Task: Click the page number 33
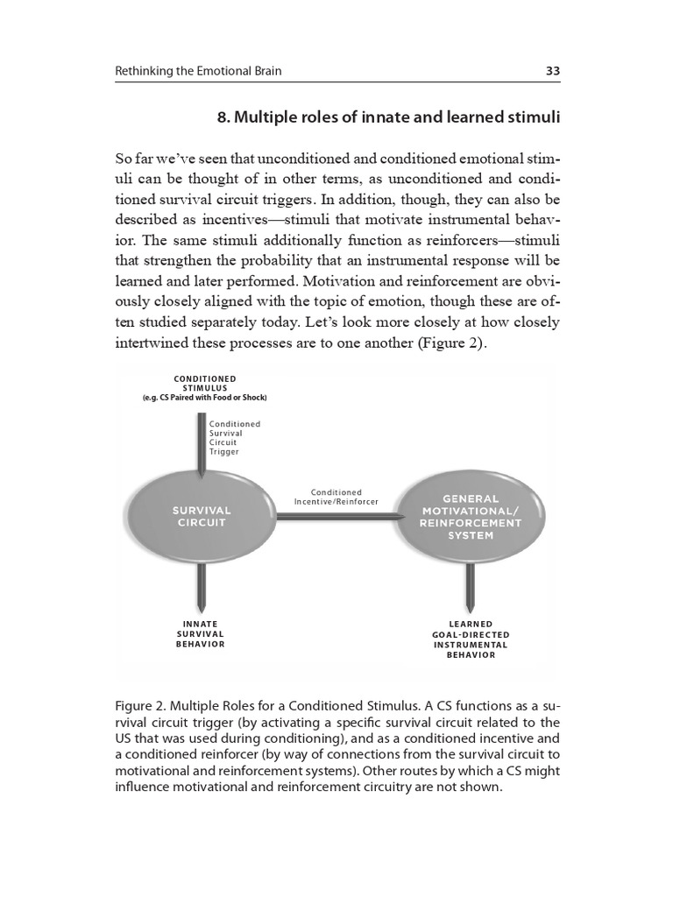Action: [553, 71]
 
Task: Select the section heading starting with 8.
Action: [388, 117]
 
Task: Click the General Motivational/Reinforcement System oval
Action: [471, 517]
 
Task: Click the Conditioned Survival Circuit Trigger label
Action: [234, 438]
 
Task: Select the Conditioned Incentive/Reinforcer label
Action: [336, 497]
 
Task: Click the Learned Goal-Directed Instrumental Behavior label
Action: [471, 639]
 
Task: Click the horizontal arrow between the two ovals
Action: [336, 516]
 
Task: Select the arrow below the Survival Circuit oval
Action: [202, 588]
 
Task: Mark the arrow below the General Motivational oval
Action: [471, 588]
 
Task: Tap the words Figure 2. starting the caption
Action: [139, 705]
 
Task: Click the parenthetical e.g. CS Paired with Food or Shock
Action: [204, 398]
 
